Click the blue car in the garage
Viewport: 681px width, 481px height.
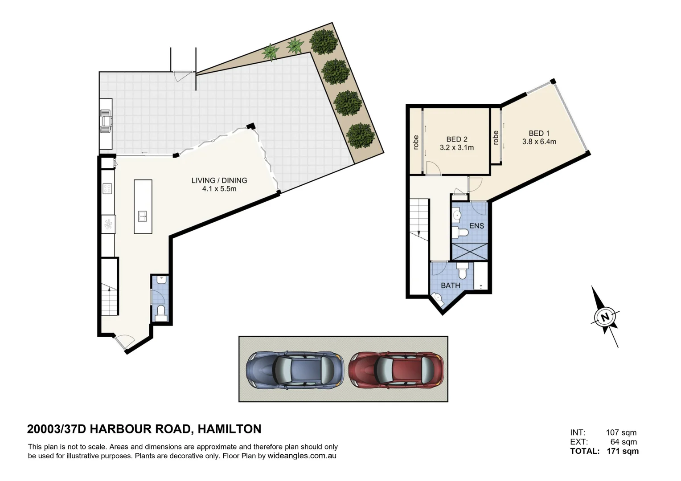[295, 371]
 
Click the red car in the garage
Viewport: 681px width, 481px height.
[396, 371]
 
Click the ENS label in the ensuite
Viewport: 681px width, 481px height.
[476, 226]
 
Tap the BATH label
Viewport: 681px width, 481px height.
[451, 285]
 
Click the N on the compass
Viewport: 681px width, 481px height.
[605, 317]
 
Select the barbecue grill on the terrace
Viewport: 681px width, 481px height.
[106, 122]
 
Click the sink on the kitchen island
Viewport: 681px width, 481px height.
[143, 216]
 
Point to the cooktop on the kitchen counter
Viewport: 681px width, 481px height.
[107, 188]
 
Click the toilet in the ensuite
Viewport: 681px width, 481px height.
[459, 233]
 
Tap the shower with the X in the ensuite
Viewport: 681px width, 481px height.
[470, 251]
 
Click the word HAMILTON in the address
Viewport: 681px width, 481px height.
[230, 429]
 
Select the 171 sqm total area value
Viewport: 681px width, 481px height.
[623, 451]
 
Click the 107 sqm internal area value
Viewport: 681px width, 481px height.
[621, 432]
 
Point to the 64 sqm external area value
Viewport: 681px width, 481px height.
[624, 442]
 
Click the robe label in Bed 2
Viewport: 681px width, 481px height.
[416, 143]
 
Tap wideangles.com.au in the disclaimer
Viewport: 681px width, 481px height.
[302, 456]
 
